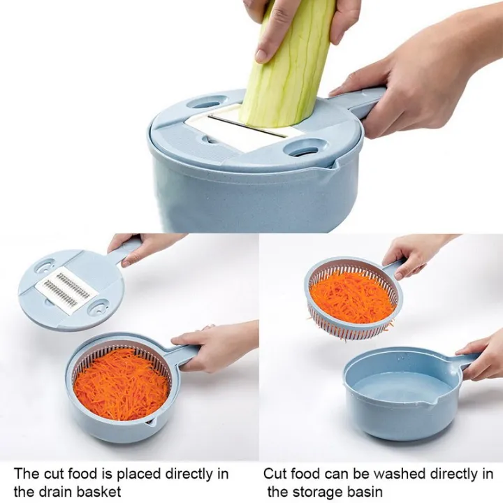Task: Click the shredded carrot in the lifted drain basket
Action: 352,296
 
